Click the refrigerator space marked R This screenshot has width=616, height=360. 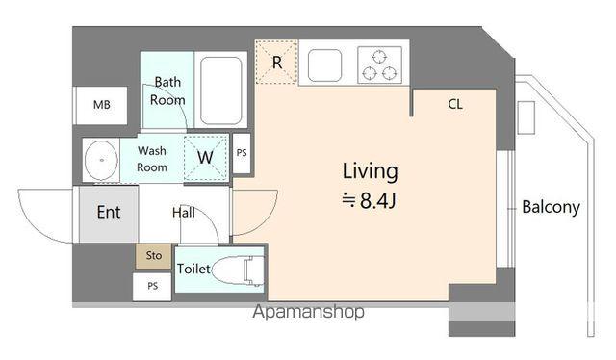276,62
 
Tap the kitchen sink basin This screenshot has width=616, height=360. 324,65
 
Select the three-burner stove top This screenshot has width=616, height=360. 379,65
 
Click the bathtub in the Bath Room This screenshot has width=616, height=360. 220,90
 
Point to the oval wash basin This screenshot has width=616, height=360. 101,160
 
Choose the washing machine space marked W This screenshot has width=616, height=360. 206,158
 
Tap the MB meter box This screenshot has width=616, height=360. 101,105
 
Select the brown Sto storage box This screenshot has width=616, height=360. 154,256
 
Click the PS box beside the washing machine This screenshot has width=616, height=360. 242,153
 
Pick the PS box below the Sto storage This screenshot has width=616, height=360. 152,286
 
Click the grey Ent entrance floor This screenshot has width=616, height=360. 109,215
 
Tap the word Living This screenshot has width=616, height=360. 370,172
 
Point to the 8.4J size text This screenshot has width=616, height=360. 369,201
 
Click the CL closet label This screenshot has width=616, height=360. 455,105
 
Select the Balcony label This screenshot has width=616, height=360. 551,207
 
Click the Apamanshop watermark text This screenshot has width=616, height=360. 308,312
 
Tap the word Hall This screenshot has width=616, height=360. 184,213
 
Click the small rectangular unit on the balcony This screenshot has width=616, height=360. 526,117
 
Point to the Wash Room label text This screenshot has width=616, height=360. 152,159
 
